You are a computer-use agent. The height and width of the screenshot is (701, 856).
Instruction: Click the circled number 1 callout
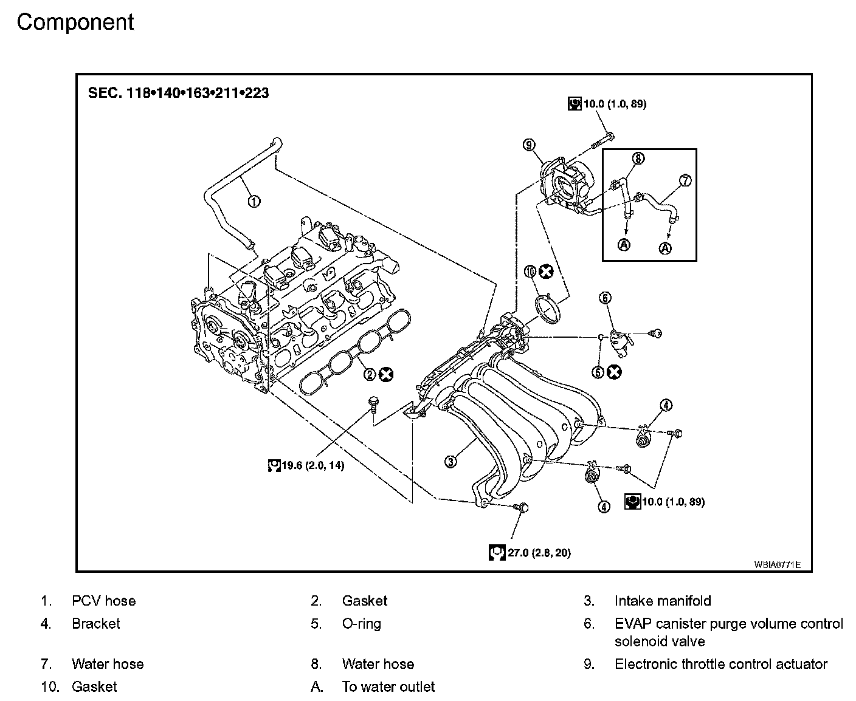click(x=254, y=201)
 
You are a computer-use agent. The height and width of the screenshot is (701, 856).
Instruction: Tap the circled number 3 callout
click(x=450, y=461)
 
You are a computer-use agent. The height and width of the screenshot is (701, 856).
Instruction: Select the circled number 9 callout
click(x=529, y=145)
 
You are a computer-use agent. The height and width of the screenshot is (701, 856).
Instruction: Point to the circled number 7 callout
click(x=685, y=180)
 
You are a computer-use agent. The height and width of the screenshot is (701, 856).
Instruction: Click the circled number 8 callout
click(x=638, y=158)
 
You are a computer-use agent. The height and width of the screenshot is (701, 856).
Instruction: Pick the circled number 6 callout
click(x=605, y=298)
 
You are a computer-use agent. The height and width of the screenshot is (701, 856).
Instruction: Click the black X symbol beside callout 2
click(x=386, y=374)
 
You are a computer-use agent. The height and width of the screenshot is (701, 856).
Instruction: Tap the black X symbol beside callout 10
click(x=547, y=272)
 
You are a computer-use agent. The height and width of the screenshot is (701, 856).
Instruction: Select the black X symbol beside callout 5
click(x=614, y=372)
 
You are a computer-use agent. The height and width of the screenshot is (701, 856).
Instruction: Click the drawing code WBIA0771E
click(x=777, y=565)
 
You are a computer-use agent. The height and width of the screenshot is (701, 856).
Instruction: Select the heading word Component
click(x=75, y=22)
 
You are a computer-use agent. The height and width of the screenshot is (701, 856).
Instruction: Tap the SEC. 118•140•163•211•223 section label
click(x=179, y=93)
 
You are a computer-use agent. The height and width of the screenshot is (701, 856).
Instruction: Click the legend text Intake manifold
click(x=663, y=601)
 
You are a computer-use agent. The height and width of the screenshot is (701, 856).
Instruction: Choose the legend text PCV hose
click(x=104, y=601)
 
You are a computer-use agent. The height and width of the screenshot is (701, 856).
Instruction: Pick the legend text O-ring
click(x=362, y=624)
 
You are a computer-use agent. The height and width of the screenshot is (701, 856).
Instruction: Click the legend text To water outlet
click(x=388, y=687)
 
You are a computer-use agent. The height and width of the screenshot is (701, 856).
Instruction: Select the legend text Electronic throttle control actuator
click(x=721, y=664)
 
